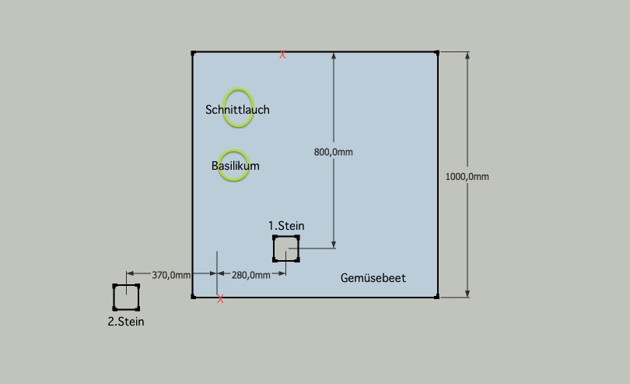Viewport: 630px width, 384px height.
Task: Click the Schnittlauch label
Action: (237, 110)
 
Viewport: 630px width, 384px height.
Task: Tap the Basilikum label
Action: (235, 166)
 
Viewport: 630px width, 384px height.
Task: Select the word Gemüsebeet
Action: (373, 278)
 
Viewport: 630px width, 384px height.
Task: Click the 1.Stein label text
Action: (286, 226)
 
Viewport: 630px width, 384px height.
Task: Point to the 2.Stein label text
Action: (126, 321)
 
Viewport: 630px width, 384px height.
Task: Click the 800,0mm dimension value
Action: (333, 152)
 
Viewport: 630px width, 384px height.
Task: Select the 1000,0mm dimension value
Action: (467, 176)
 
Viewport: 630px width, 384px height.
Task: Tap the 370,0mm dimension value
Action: (171, 275)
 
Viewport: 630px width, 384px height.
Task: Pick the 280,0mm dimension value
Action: (251, 275)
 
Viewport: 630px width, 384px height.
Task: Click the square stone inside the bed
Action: (285, 248)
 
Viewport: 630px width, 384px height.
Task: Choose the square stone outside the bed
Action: (126, 298)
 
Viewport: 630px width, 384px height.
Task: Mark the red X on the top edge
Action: (282, 55)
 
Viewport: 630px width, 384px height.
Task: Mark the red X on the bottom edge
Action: (221, 299)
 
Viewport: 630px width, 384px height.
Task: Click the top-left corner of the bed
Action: (193, 52)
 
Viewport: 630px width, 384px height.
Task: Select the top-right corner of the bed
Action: (437, 52)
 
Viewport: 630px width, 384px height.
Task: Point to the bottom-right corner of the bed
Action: (437, 296)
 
